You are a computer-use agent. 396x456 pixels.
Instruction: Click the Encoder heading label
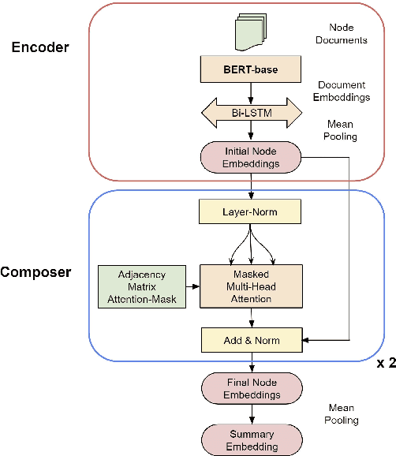pos(40,47)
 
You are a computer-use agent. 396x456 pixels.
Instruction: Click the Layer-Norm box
pos(252,211)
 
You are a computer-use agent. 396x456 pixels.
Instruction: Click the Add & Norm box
pos(252,340)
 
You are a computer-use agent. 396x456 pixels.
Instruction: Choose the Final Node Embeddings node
pos(252,389)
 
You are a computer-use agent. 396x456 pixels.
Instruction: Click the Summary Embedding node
pos(252,439)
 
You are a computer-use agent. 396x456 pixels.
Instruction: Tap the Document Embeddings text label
pos(345,91)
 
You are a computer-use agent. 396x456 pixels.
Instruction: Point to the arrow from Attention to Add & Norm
pos(252,319)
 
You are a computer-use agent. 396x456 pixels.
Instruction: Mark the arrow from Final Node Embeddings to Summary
pos(252,414)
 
